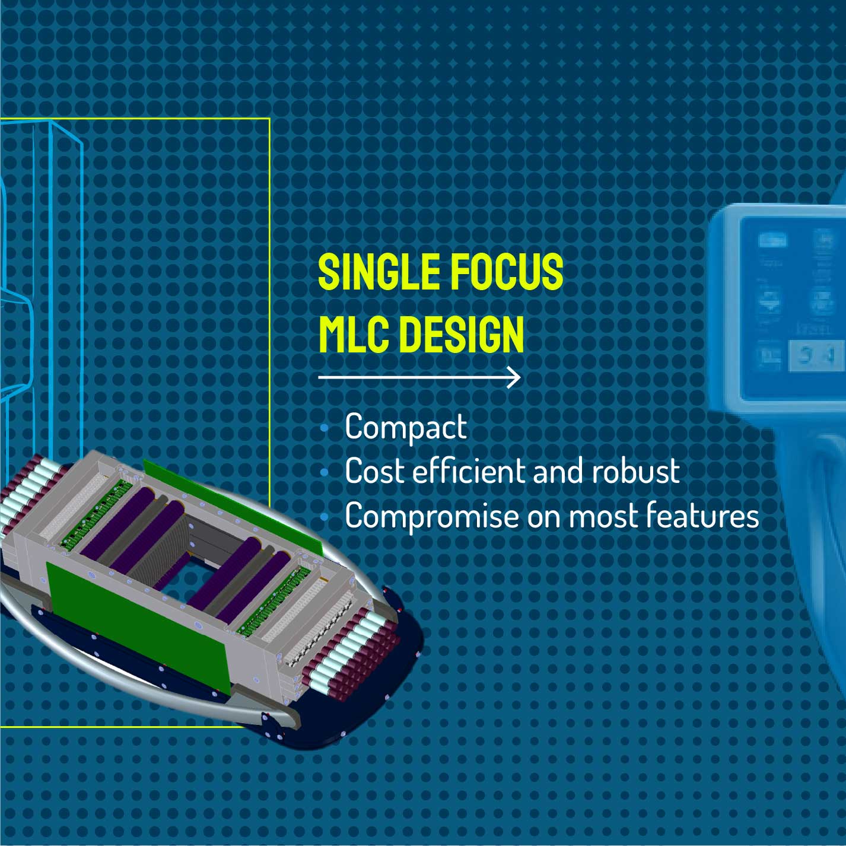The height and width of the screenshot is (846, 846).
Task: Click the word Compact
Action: click(406, 427)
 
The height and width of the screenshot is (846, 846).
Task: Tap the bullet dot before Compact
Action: click(324, 428)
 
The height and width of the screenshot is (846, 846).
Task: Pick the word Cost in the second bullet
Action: click(371, 472)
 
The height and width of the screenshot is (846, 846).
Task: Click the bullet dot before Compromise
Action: click(324, 518)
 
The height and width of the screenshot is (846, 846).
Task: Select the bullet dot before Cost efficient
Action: click(324, 473)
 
